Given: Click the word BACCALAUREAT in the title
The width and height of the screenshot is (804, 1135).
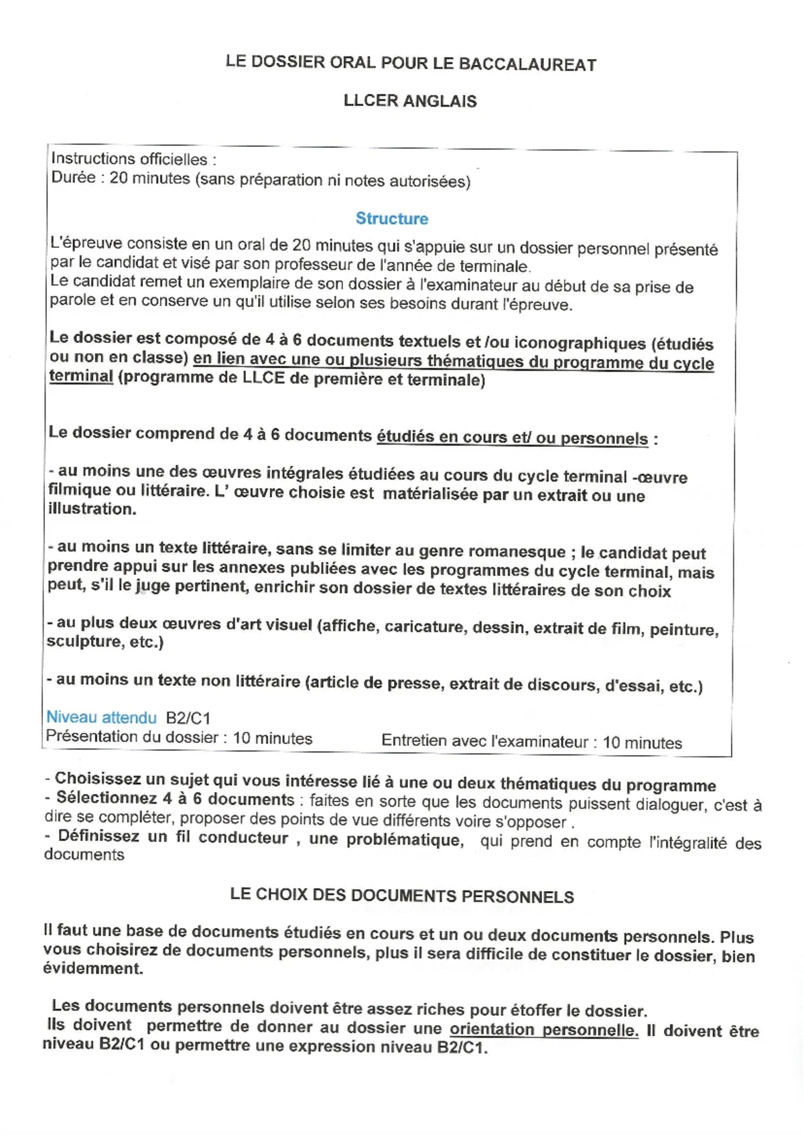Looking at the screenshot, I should (x=527, y=64).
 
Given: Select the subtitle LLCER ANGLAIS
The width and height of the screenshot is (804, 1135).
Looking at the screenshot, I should (x=410, y=101).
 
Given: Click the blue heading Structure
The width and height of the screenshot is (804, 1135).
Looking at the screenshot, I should (x=392, y=218).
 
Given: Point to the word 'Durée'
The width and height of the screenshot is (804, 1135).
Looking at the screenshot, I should (x=73, y=178).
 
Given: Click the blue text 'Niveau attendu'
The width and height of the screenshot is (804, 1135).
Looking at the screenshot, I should (x=101, y=718).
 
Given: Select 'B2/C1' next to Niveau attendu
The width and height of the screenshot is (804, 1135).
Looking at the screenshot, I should (x=188, y=718).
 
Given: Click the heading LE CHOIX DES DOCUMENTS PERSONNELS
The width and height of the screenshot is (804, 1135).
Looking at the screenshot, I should (x=402, y=896).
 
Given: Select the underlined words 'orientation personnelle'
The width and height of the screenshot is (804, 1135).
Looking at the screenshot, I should (x=543, y=1030).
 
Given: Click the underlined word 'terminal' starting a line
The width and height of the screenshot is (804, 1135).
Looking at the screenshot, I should (x=81, y=376).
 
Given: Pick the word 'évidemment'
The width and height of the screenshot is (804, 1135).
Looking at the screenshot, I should (x=92, y=969).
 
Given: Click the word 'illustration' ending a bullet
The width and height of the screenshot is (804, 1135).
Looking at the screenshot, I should (x=91, y=509).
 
